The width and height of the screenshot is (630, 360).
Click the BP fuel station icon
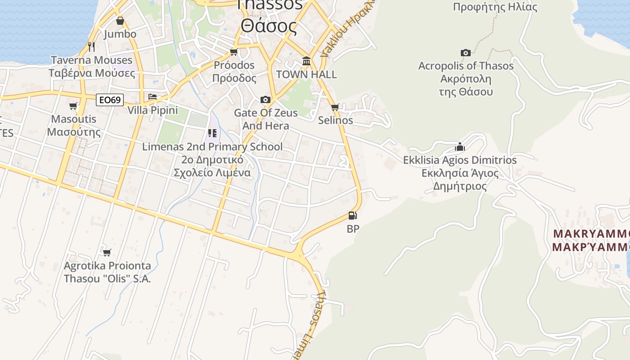point(353,216)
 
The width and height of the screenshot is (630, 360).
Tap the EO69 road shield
point(110,100)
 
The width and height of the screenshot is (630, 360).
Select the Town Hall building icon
point(306,61)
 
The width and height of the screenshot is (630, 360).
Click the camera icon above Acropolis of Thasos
point(466,53)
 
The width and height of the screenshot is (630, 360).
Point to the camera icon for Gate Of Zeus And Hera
point(265,99)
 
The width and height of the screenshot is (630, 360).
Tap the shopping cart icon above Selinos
point(335,108)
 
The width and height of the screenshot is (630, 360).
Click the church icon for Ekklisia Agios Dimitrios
point(459,147)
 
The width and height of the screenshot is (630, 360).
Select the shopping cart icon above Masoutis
point(73,106)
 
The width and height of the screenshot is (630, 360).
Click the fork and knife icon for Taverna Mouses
point(91,47)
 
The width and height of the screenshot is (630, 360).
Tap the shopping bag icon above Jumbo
point(120,21)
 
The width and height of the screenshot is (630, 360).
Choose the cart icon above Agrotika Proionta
point(107,252)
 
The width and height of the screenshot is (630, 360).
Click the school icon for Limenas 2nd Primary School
point(212,133)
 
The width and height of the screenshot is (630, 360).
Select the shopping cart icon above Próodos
point(234,52)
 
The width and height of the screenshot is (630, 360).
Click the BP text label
point(353,229)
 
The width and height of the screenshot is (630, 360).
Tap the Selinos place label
point(335,121)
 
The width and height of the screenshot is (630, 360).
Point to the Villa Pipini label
point(153,110)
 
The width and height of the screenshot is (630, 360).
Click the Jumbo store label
point(120,34)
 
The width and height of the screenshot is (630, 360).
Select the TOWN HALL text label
point(306,74)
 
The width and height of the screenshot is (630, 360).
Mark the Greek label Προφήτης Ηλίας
point(495,7)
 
